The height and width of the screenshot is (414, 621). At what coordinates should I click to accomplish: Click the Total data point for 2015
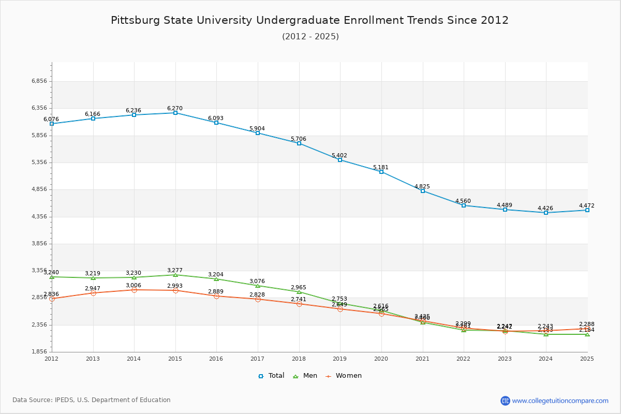(175, 113)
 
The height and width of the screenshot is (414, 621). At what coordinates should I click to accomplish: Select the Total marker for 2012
(52, 124)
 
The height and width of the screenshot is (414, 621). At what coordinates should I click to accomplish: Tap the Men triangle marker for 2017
(258, 286)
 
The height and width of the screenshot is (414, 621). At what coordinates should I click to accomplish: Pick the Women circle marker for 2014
(134, 290)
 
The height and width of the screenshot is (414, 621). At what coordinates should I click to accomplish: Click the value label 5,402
(339, 155)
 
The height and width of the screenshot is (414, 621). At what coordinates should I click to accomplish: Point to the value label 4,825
(422, 186)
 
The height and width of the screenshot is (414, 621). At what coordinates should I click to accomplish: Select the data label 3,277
(175, 270)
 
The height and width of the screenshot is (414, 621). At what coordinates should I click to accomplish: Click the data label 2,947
(93, 288)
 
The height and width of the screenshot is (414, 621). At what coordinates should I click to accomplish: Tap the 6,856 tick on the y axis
(39, 81)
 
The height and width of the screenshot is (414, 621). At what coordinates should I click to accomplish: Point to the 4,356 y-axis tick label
(39, 217)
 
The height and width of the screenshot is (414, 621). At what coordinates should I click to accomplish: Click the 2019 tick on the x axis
(340, 358)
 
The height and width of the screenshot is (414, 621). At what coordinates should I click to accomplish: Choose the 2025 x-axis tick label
(587, 358)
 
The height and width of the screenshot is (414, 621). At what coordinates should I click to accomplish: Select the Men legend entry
(305, 376)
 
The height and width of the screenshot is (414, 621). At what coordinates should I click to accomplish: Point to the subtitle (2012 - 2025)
(310, 36)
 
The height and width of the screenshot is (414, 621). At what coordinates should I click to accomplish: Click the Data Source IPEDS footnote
(92, 400)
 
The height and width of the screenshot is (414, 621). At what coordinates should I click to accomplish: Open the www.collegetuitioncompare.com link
(560, 401)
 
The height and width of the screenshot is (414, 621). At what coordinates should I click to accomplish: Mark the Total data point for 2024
(546, 213)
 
